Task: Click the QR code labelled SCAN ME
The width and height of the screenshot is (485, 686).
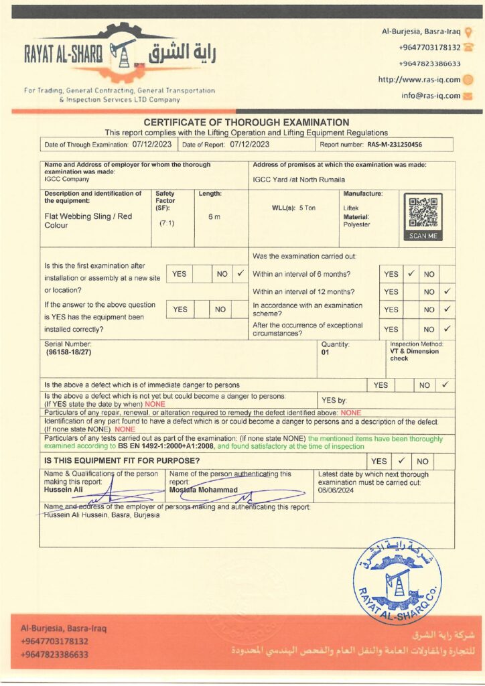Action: pyautogui.click(x=423, y=212)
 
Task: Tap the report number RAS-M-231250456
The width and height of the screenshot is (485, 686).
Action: pyautogui.click(x=395, y=144)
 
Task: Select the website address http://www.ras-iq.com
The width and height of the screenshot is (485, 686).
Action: pyautogui.click(x=419, y=79)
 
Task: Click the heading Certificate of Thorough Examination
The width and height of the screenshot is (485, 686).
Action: pyautogui.click(x=247, y=123)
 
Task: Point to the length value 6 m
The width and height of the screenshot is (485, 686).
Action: pyautogui.click(x=214, y=216)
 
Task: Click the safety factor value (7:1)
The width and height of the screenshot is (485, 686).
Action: pyautogui.click(x=167, y=223)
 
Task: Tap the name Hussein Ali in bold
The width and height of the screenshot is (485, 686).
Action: pyautogui.click(x=62, y=489)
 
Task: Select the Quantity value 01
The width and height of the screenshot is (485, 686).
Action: pyautogui.click(x=326, y=352)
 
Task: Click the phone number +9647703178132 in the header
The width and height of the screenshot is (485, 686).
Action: pyautogui.click(x=429, y=48)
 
